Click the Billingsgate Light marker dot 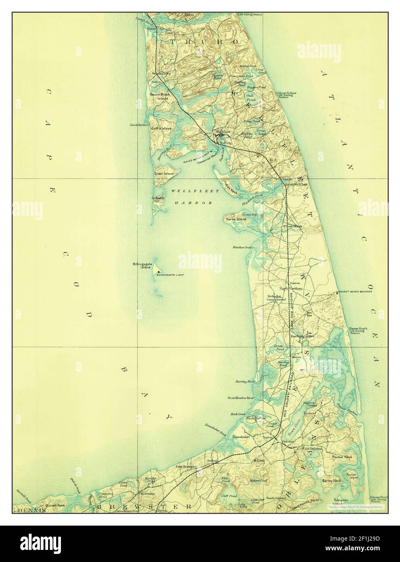158,272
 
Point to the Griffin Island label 161,129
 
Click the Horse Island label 236,219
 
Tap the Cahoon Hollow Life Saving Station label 286,95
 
